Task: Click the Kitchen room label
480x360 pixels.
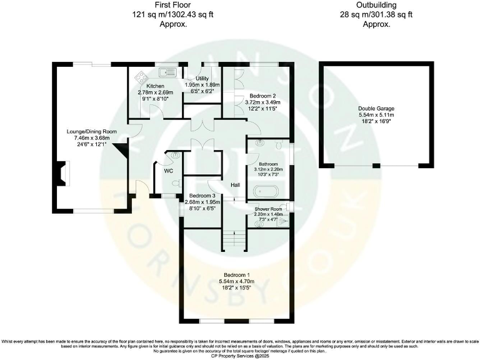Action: [x=155, y=86]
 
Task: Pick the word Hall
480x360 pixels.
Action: [x=235, y=185]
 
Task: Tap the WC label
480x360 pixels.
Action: [x=168, y=171]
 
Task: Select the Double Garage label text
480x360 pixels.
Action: [x=376, y=109]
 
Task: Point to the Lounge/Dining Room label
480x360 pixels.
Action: [x=92, y=132]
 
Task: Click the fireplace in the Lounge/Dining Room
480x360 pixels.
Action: [x=61, y=172]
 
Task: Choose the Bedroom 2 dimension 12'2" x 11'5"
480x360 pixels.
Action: [x=261, y=109]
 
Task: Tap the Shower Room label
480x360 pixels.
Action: [x=267, y=207]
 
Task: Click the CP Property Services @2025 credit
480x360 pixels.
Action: [x=240, y=354]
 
